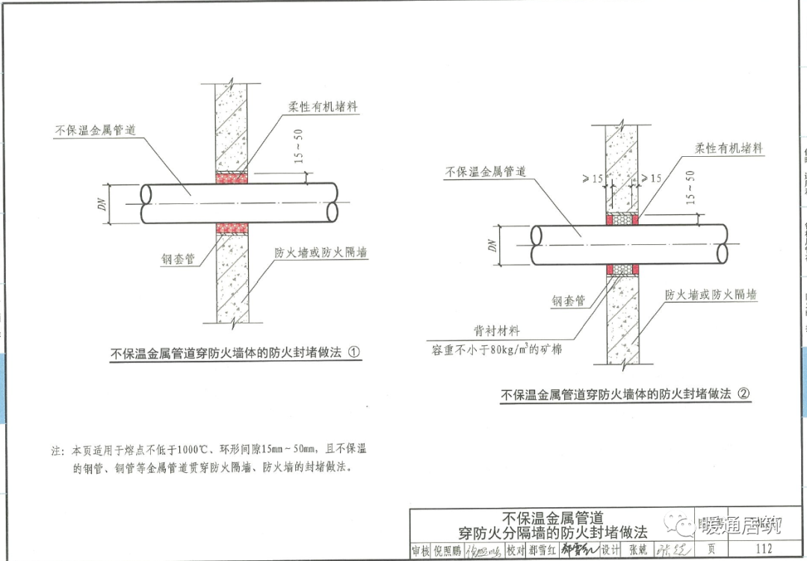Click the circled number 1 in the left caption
point(355,353)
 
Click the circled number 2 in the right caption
point(743,394)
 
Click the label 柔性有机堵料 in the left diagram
point(323,107)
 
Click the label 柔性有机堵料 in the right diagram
point(729,149)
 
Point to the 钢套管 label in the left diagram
point(179,258)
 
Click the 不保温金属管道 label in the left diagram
point(95,130)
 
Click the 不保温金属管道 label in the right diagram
point(486,172)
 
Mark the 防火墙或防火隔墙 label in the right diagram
point(711,295)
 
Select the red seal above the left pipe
point(232,178)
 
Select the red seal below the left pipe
point(232,228)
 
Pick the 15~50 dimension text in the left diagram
point(299,147)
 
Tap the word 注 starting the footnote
point(55,451)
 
